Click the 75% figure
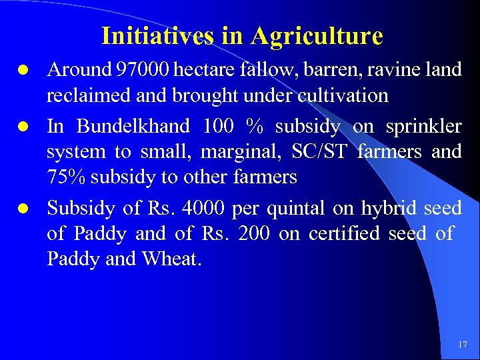65,177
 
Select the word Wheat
171,259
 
